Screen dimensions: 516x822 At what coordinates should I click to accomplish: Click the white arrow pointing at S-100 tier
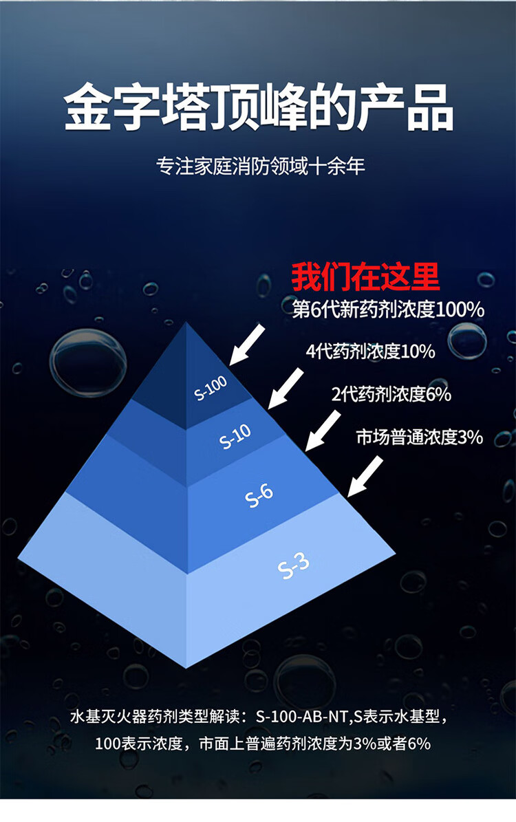point(246,344)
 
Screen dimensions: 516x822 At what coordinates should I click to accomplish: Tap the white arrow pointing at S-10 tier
point(285,387)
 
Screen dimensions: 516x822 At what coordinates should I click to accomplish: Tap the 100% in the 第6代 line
point(460,310)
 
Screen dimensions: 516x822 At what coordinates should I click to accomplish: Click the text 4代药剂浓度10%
point(371,351)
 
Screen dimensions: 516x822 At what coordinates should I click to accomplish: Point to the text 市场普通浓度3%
point(420,437)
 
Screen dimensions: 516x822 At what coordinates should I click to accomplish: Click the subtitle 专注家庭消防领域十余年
point(260,166)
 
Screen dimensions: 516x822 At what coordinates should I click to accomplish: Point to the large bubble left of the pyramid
point(88,363)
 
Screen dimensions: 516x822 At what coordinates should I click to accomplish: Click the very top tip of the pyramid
point(187,323)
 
